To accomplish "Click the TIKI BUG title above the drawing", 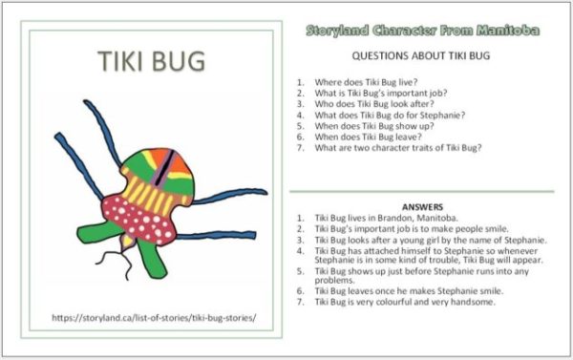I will pos(152,61).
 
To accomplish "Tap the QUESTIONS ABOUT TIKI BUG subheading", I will pos(421,56).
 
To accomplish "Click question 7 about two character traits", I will pos(397,148).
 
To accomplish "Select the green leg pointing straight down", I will pos(152,256).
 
